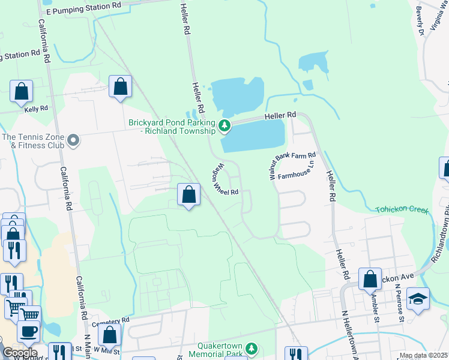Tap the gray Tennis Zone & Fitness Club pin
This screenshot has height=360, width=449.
pos(73,141)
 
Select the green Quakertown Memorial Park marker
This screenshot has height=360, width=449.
pos(253,348)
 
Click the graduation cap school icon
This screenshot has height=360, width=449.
pos(418,298)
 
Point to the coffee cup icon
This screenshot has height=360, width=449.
pos(28,331)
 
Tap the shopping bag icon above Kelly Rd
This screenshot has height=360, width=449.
pos(21,91)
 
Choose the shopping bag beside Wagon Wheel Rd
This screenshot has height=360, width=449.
pos(188,194)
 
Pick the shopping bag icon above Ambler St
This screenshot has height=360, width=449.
pos(370,279)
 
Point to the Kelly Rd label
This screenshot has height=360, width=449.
pos(35,109)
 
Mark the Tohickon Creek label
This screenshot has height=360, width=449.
pos(402,210)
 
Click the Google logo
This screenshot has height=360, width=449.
pos(19,353)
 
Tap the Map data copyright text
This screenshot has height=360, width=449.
pos(423,356)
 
